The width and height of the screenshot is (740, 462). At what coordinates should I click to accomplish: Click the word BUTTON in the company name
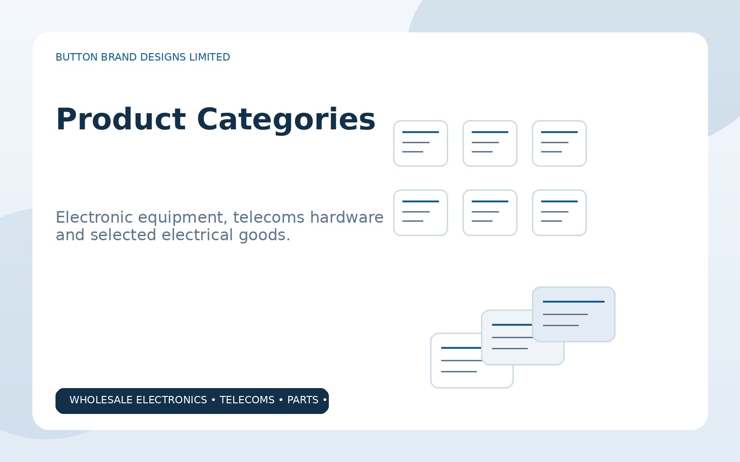(77, 57)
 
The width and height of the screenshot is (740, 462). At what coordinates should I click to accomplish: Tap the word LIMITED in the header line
(210, 57)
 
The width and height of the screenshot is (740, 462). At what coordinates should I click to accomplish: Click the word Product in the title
(121, 119)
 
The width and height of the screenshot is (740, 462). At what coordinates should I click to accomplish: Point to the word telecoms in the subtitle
(269, 217)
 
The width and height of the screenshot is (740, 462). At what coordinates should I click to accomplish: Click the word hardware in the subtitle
(346, 217)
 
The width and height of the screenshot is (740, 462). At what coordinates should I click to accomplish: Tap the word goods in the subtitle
(264, 236)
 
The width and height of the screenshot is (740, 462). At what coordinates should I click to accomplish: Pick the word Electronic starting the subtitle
(94, 217)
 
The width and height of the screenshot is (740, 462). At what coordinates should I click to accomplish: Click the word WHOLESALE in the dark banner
(101, 400)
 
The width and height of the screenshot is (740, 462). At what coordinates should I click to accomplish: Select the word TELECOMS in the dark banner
(247, 400)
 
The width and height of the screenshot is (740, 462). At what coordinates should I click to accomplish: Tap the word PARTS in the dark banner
(302, 400)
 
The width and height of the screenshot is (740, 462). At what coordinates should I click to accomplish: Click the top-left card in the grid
(420, 144)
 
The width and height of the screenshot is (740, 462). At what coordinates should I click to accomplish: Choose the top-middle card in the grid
(490, 144)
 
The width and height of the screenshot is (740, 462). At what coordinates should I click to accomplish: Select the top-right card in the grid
(559, 144)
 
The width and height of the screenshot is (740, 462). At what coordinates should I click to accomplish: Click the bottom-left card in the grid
(420, 213)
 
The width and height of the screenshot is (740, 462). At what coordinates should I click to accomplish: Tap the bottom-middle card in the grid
(490, 213)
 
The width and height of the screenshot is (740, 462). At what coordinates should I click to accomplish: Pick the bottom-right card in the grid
(559, 213)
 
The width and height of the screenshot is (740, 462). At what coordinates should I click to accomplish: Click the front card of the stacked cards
(573, 315)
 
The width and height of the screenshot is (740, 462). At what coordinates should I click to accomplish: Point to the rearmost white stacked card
(456, 376)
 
